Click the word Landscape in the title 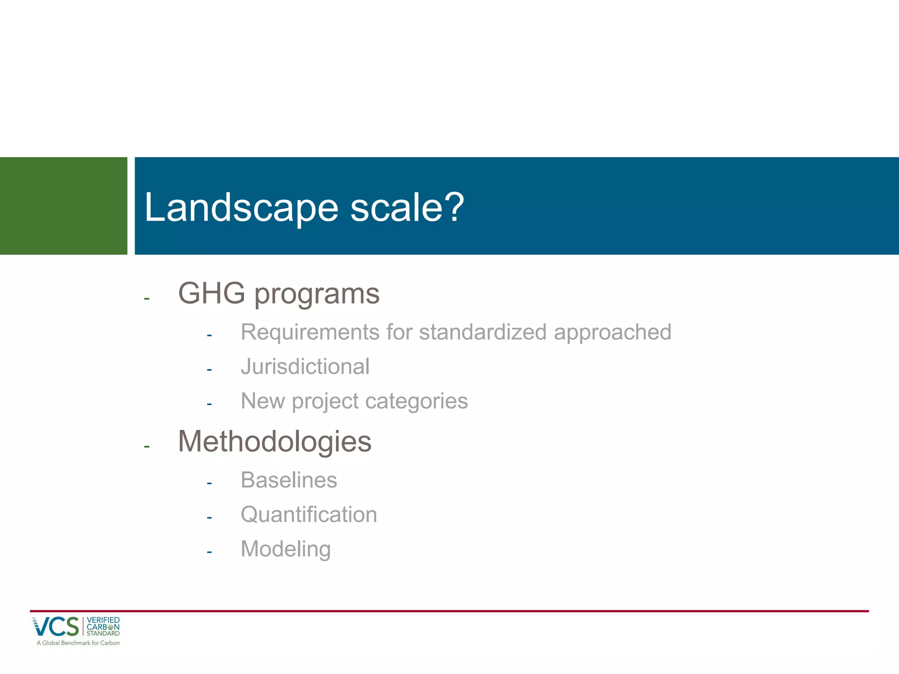(241, 207)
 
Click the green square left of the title (63, 206)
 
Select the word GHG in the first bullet (211, 293)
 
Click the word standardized (482, 332)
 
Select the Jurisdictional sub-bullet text (305, 366)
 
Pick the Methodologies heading (274, 441)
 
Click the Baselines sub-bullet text (289, 480)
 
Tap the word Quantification (309, 514)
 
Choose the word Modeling (285, 549)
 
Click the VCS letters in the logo (56, 627)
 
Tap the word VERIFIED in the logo (103, 620)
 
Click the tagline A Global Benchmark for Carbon (78, 643)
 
